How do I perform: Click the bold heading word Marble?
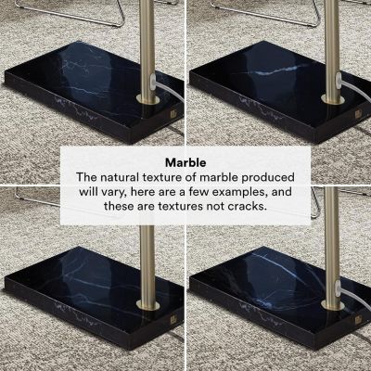185,160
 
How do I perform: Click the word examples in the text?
249,192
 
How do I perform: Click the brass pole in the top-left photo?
147,46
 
